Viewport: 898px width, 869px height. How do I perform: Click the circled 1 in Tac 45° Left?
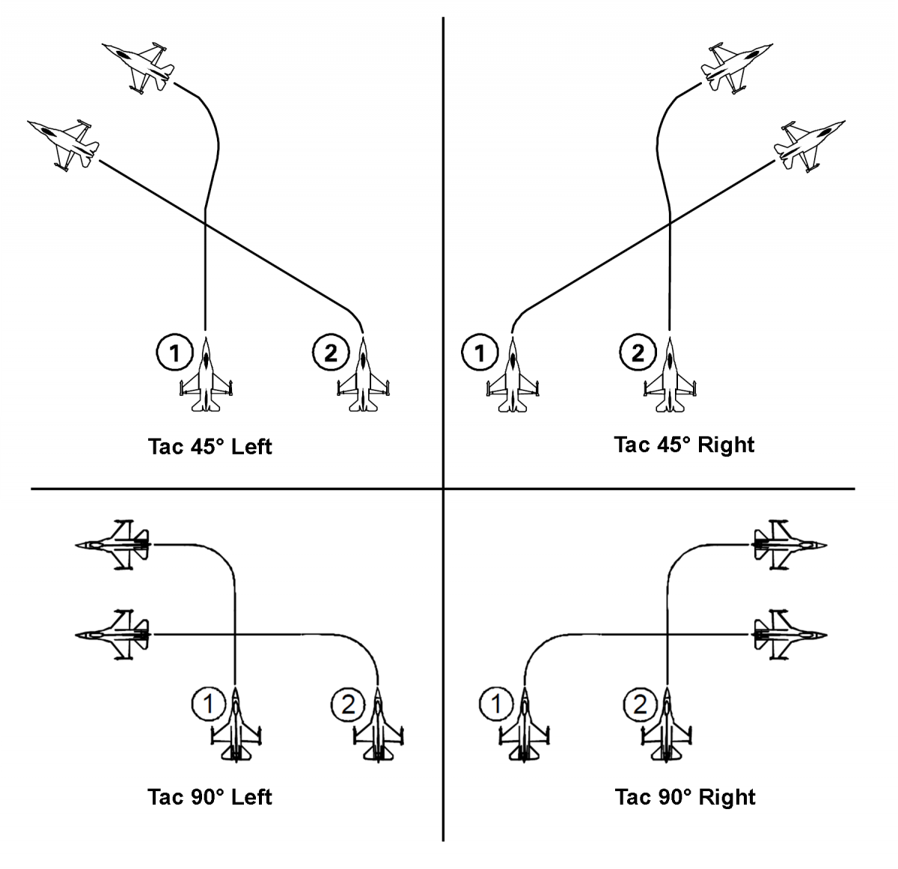pos(174,353)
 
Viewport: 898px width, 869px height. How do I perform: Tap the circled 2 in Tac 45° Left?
pos(330,353)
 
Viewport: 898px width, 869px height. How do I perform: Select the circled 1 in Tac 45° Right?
pos(480,353)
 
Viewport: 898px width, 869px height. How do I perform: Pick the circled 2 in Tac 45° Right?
pos(638,353)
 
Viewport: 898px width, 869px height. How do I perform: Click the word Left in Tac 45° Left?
pos(251,447)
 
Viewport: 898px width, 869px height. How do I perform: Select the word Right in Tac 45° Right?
pos(725,445)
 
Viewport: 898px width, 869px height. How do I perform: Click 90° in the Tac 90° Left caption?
pos(205,797)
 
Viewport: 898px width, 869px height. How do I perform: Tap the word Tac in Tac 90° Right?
pos(632,797)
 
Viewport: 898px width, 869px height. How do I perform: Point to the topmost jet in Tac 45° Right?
pos(738,67)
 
